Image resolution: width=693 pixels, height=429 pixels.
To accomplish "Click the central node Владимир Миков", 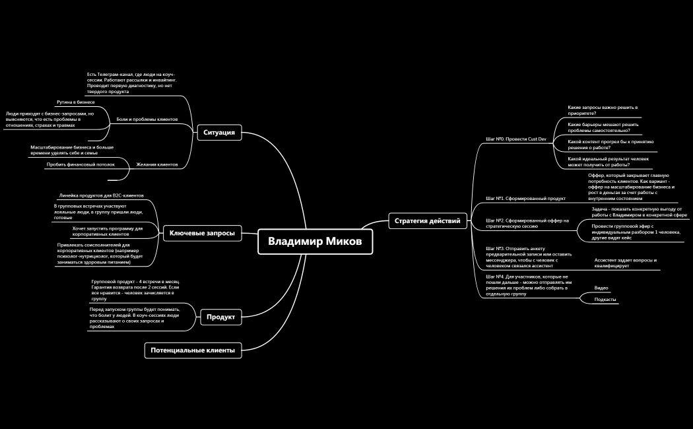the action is (x=315, y=242).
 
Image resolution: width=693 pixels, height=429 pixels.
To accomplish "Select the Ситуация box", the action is (x=219, y=133).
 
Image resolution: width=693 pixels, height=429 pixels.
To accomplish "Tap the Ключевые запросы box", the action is (x=203, y=233).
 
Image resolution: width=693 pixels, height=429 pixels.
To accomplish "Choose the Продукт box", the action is (x=221, y=317).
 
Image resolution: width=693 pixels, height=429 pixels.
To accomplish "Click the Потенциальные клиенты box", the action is (x=193, y=350).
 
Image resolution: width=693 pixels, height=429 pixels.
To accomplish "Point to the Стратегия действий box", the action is (x=428, y=221).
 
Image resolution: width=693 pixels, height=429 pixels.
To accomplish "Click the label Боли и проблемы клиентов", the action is (x=147, y=119).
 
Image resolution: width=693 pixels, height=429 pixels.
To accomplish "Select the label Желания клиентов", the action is (x=157, y=164).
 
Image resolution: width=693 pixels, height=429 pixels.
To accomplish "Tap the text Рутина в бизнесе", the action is (x=76, y=102).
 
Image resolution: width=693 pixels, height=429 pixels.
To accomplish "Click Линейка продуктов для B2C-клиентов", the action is (x=101, y=195).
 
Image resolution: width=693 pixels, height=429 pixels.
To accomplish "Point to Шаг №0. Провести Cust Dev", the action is (x=515, y=139).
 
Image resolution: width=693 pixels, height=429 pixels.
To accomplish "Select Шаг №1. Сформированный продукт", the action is (x=525, y=199).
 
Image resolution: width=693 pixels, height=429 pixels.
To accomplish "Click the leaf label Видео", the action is (x=601, y=288).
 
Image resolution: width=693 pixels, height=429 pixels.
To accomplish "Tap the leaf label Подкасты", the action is (x=605, y=300).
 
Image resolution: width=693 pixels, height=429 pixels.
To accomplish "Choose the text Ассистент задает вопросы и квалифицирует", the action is (x=626, y=263).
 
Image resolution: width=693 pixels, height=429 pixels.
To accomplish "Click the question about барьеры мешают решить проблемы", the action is (x=603, y=127).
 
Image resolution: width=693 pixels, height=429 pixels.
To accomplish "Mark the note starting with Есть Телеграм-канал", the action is (x=132, y=83).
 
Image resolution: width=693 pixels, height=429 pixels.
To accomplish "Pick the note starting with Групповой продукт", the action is (x=136, y=290).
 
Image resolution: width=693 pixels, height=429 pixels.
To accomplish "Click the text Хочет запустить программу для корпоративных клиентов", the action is (x=108, y=231).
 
